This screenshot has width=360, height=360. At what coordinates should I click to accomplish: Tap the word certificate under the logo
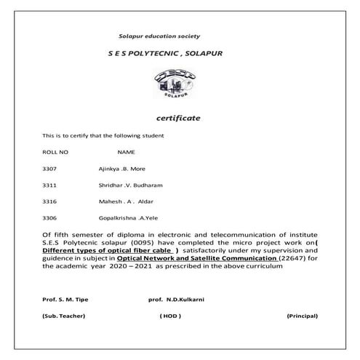178,118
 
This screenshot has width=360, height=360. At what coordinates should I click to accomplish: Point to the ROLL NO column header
56,152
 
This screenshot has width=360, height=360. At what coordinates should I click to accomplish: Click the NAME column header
127,152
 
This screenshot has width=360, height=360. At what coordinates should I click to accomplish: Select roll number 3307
50,169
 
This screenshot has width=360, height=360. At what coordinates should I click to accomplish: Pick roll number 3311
50,185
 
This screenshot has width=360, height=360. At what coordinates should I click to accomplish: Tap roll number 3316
50,201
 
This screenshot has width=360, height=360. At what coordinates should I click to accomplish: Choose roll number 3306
50,217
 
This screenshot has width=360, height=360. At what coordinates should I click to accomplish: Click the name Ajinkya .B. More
122,169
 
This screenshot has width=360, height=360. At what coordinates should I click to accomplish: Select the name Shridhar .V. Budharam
131,185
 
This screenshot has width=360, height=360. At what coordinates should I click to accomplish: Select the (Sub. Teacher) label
64,316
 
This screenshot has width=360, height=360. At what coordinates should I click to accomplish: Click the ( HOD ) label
170,316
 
